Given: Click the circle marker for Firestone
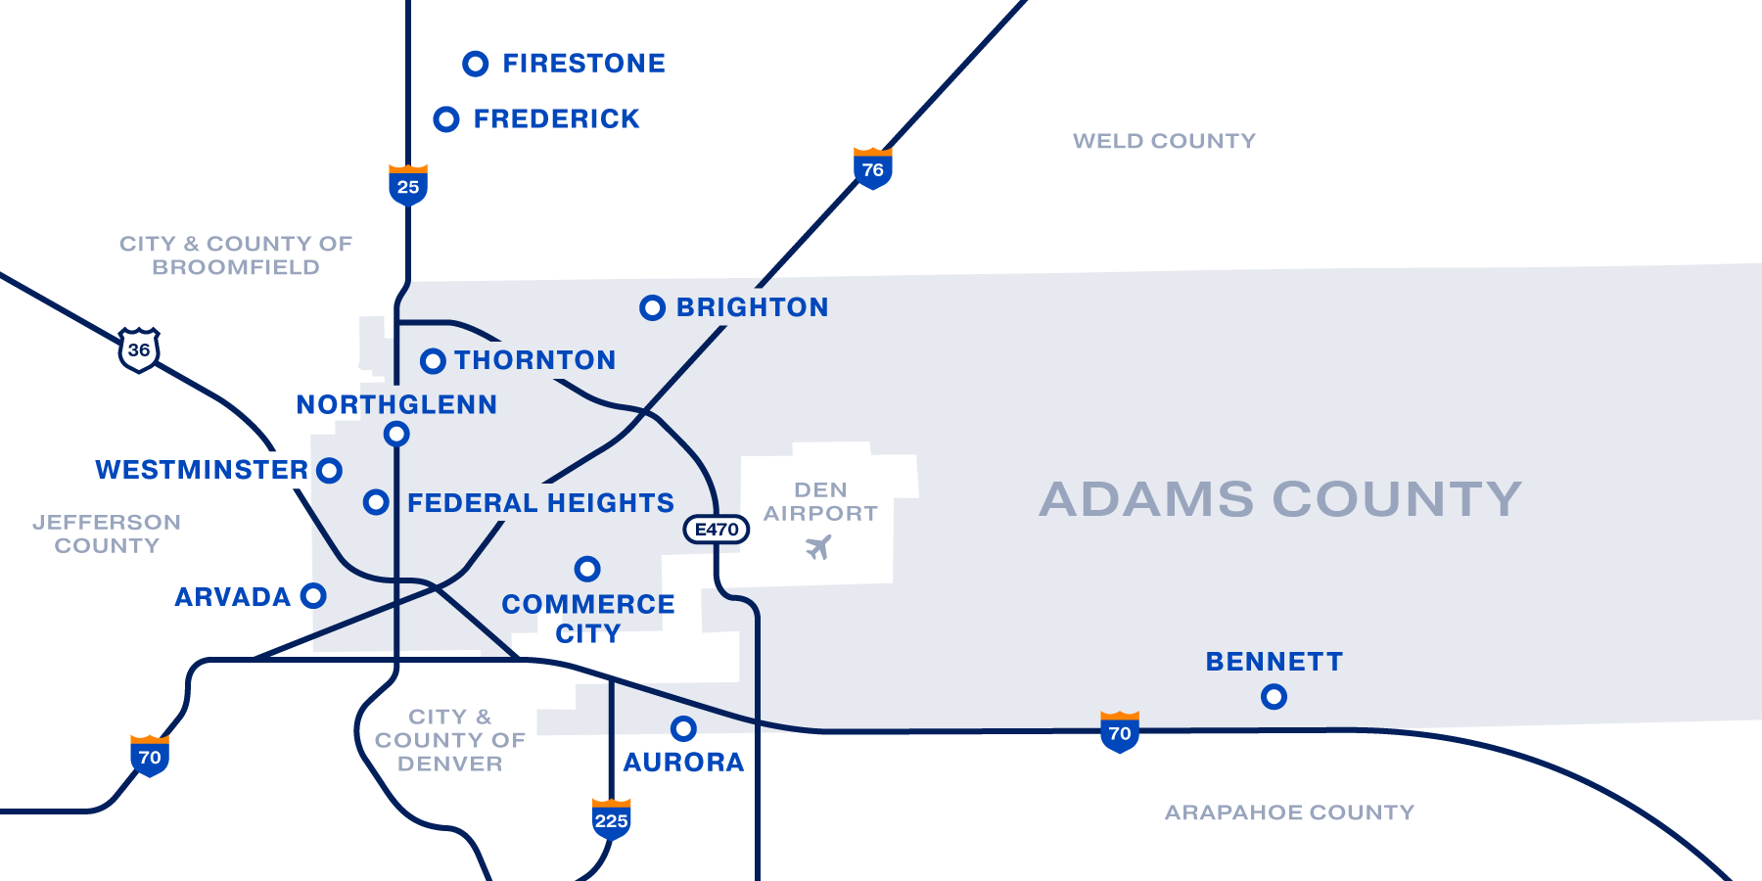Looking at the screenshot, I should pos(476,64).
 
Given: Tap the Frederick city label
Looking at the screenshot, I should pos(556,119).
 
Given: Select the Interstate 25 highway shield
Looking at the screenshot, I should pos(408,185).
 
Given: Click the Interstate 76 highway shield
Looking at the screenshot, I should pos(872,168).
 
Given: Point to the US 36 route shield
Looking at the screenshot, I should pos(139,349).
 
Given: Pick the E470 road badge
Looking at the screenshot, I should pos(717,530).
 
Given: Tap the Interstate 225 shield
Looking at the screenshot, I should pos(611,819).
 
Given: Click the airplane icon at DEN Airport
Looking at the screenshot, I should pos(818,547).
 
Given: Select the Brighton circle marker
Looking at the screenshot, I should pos(652,308).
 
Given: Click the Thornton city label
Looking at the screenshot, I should pos(534,360).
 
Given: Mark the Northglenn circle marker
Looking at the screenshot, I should pos(396,434).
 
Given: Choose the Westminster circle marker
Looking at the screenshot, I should pos(330,471).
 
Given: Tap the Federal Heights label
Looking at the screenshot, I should pos(540,503).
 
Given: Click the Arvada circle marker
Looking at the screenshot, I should pos(313,595).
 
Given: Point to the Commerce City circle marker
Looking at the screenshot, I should pos(587,569).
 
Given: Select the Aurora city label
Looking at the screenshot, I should pos(683,763).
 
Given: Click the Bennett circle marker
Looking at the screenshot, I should pos(1274,697).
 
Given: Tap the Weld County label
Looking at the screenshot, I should pos(1164,141).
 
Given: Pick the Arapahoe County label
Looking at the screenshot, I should pos(1289,812).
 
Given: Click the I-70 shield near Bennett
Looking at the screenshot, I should pos(1120,732).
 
